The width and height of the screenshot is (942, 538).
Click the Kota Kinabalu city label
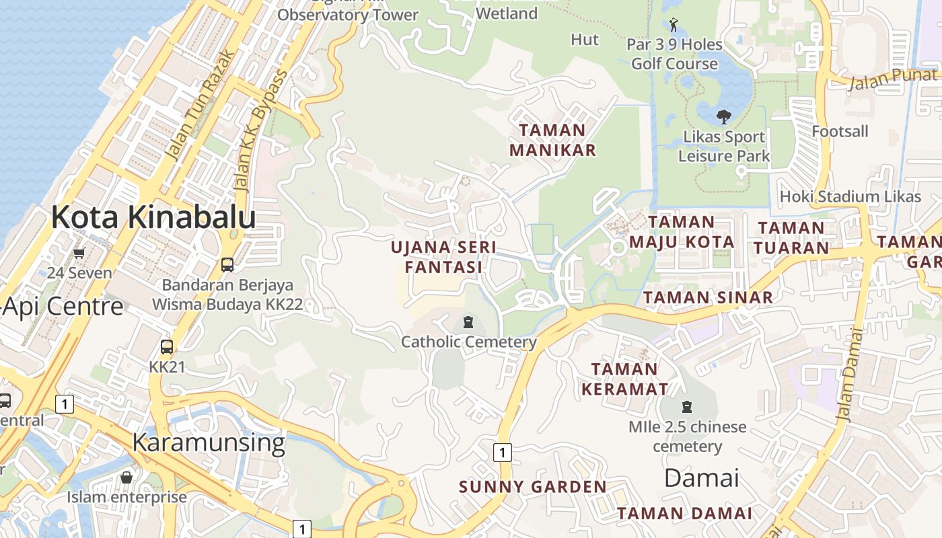[153, 218]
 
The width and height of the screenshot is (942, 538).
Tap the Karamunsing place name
[209, 443]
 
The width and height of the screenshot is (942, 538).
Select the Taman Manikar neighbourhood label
[552, 140]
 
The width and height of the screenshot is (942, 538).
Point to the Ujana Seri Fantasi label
[444, 257]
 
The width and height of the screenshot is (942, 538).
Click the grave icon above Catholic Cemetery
[468, 322]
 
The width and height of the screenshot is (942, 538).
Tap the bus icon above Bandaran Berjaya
[227, 265]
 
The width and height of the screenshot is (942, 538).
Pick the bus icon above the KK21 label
[167, 347]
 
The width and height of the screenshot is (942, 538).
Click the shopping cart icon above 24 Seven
[79, 254]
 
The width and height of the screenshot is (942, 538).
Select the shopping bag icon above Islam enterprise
[126, 477]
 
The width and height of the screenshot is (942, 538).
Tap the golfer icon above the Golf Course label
[674, 26]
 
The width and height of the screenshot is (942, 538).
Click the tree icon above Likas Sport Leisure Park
[724, 118]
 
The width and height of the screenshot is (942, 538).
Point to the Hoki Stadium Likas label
[850, 196]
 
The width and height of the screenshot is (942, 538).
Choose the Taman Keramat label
[624, 379]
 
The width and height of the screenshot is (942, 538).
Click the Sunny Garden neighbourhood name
[532, 487]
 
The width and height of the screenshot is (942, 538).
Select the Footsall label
[840, 131]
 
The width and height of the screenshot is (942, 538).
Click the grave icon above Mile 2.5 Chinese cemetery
[687, 407]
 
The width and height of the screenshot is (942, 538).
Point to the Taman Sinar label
[708, 297]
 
